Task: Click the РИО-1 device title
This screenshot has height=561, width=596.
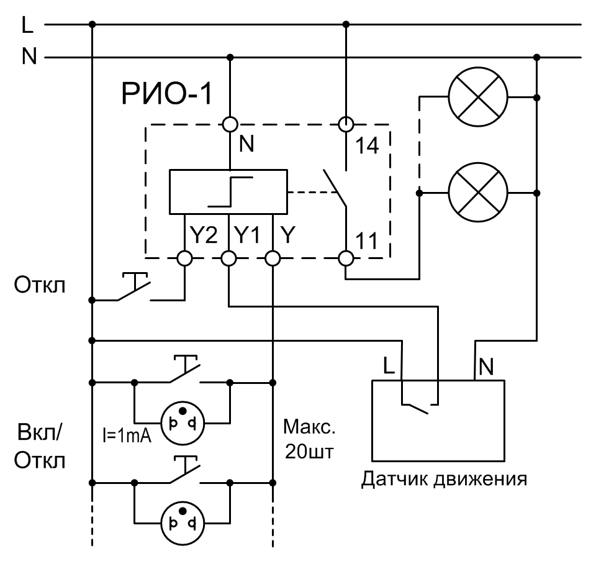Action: [x=166, y=94]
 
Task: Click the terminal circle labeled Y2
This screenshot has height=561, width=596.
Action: [x=185, y=258]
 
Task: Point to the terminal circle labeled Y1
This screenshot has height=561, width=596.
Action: [x=228, y=258]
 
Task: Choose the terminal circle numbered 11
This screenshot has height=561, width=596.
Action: [x=346, y=258]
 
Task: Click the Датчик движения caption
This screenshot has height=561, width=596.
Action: [x=444, y=479]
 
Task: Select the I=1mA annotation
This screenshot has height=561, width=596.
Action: [x=127, y=436]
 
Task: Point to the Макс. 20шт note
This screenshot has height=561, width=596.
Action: [x=309, y=439]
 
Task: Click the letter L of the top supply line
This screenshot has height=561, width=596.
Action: [x=27, y=25]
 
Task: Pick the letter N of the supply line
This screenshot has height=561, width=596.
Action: [x=29, y=57]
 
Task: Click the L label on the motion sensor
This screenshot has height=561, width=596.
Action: [x=389, y=366]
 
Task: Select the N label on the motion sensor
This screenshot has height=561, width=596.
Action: [x=486, y=367]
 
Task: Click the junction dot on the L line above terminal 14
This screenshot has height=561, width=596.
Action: [x=346, y=24]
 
